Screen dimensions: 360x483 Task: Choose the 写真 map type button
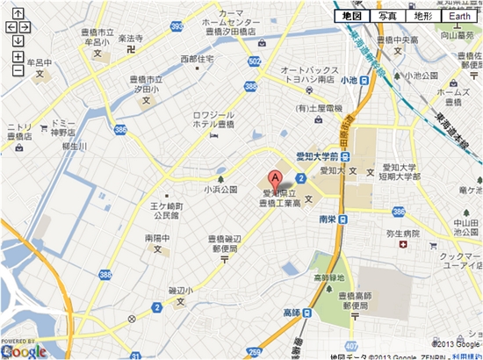pyautogui.click(x=387, y=16)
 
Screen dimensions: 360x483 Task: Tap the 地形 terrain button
pyautogui.click(x=422, y=16)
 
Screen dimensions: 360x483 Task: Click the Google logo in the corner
pyautogui.click(x=24, y=350)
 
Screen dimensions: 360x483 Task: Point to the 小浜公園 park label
pyautogui.click(x=221, y=189)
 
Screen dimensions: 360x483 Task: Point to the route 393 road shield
pyautogui.click(x=177, y=27)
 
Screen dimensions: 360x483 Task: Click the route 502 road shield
pyautogui.click(x=255, y=61)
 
